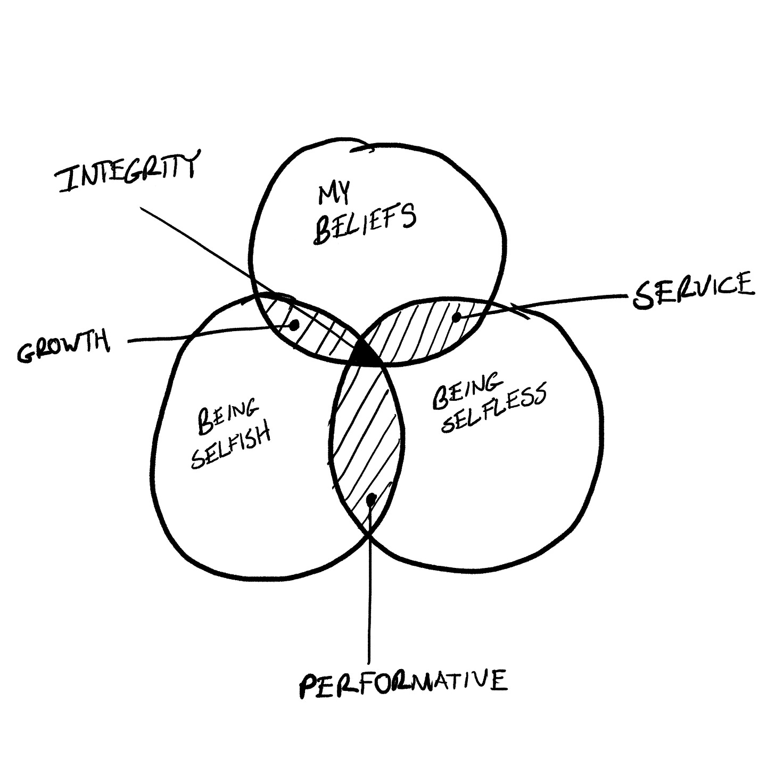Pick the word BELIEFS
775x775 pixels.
365,224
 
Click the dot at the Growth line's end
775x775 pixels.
293,325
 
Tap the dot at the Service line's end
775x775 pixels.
456,318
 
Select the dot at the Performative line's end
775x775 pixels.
371,499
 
